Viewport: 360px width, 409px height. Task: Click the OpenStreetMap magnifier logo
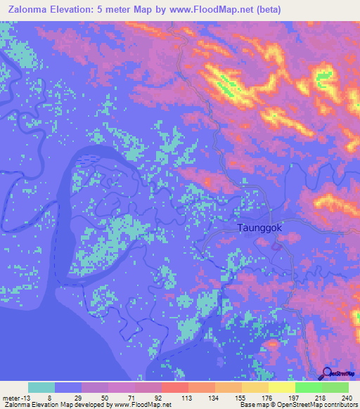click(328, 374)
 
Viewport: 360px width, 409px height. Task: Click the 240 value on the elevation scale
click(345, 397)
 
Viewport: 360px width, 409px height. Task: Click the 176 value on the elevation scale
click(266, 397)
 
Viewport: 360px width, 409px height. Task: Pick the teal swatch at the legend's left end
click(41, 387)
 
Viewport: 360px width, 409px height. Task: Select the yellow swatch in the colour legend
click(281, 387)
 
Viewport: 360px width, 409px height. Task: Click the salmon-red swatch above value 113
click(174, 387)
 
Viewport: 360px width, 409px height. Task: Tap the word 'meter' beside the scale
click(10, 397)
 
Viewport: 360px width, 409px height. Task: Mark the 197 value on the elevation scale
click(292, 397)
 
